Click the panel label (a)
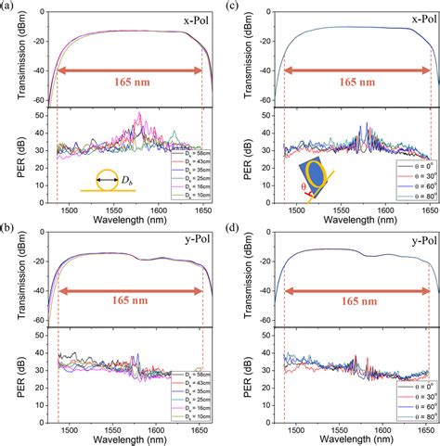click(7, 6)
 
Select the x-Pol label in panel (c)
click(404, 18)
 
